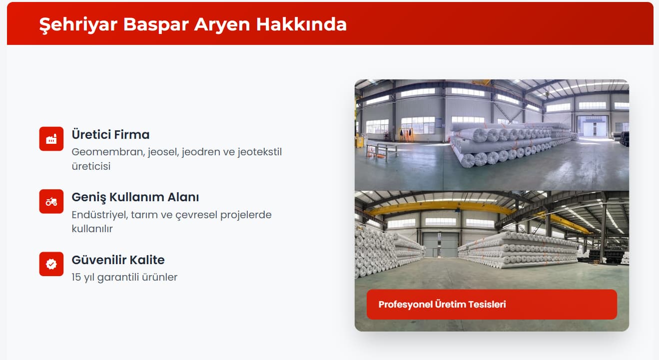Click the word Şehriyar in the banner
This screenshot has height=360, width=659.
[78, 24]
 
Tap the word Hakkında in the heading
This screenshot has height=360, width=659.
[301, 24]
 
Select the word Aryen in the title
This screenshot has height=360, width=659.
[222, 24]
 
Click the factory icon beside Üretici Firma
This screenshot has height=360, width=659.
[51, 139]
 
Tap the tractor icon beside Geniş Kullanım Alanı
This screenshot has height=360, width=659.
[51, 202]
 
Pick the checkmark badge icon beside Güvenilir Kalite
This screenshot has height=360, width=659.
[51, 264]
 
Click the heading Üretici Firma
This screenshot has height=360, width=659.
[110, 134]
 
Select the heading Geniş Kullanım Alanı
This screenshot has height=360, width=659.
[135, 197]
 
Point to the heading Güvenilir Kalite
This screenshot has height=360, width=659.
[118, 260]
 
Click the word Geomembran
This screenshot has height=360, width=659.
[108, 152]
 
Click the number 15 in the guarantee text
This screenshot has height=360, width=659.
[76, 277]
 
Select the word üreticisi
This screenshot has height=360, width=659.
[91, 166]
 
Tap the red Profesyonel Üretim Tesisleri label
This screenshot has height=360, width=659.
[492, 305]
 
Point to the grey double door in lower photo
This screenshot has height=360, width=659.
[440, 245]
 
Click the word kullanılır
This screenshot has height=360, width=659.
[92, 229]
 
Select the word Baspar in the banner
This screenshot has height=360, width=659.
[156, 24]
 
